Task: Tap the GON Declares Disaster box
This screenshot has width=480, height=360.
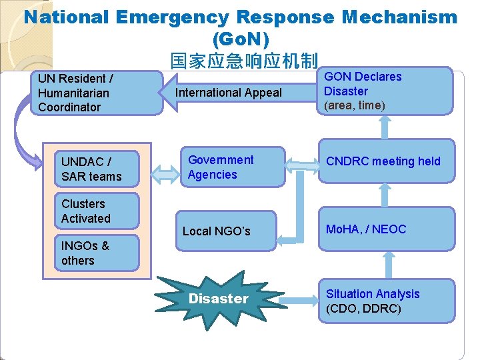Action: point(385,91)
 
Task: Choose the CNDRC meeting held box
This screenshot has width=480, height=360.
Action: point(386,161)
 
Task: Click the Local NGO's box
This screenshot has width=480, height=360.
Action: point(225,231)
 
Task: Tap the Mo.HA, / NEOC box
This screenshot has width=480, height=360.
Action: point(386,229)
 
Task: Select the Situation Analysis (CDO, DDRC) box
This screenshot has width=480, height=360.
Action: point(386,301)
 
